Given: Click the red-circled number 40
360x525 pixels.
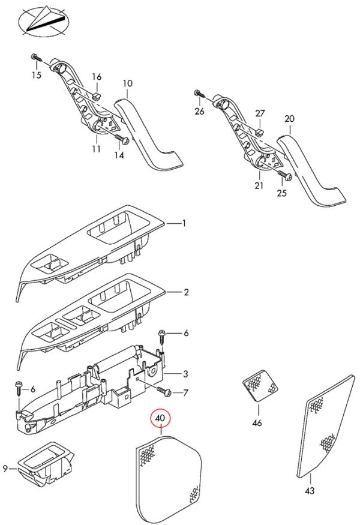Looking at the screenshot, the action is pyautogui.click(x=161, y=418).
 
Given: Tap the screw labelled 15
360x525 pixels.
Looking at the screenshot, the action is pyautogui.click(x=36, y=57).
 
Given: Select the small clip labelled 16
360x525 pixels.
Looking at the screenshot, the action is pyautogui.click(x=97, y=97).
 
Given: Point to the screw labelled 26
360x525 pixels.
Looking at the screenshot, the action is pyautogui.click(x=199, y=94).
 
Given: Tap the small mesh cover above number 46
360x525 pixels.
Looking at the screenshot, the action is pyautogui.click(x=260, y=385).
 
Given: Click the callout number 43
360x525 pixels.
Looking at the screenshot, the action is pyautogui.click(x=310, y=491).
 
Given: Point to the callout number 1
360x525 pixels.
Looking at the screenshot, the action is pyautogui.click(x=184, y=223).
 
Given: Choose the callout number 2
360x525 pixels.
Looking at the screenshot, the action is pyautogui.click(x=186, y=292).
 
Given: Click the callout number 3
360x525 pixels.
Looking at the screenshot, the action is pyautogui.click(x=185, y=374).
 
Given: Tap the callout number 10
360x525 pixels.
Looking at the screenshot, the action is pyautogui.click(x=128, y=83).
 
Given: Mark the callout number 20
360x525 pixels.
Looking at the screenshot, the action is pyautogui.click(x=289, y=119).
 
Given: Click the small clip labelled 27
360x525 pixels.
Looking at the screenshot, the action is pyautogui.click(x=260, y=132).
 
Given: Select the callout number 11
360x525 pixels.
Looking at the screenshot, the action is pyautogui.click(x=97, y=148).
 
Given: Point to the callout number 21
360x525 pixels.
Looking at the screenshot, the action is pyautogui.click(x=259, y=185).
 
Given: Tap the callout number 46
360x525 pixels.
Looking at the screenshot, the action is pyautogui.click(x=257, y=423).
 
